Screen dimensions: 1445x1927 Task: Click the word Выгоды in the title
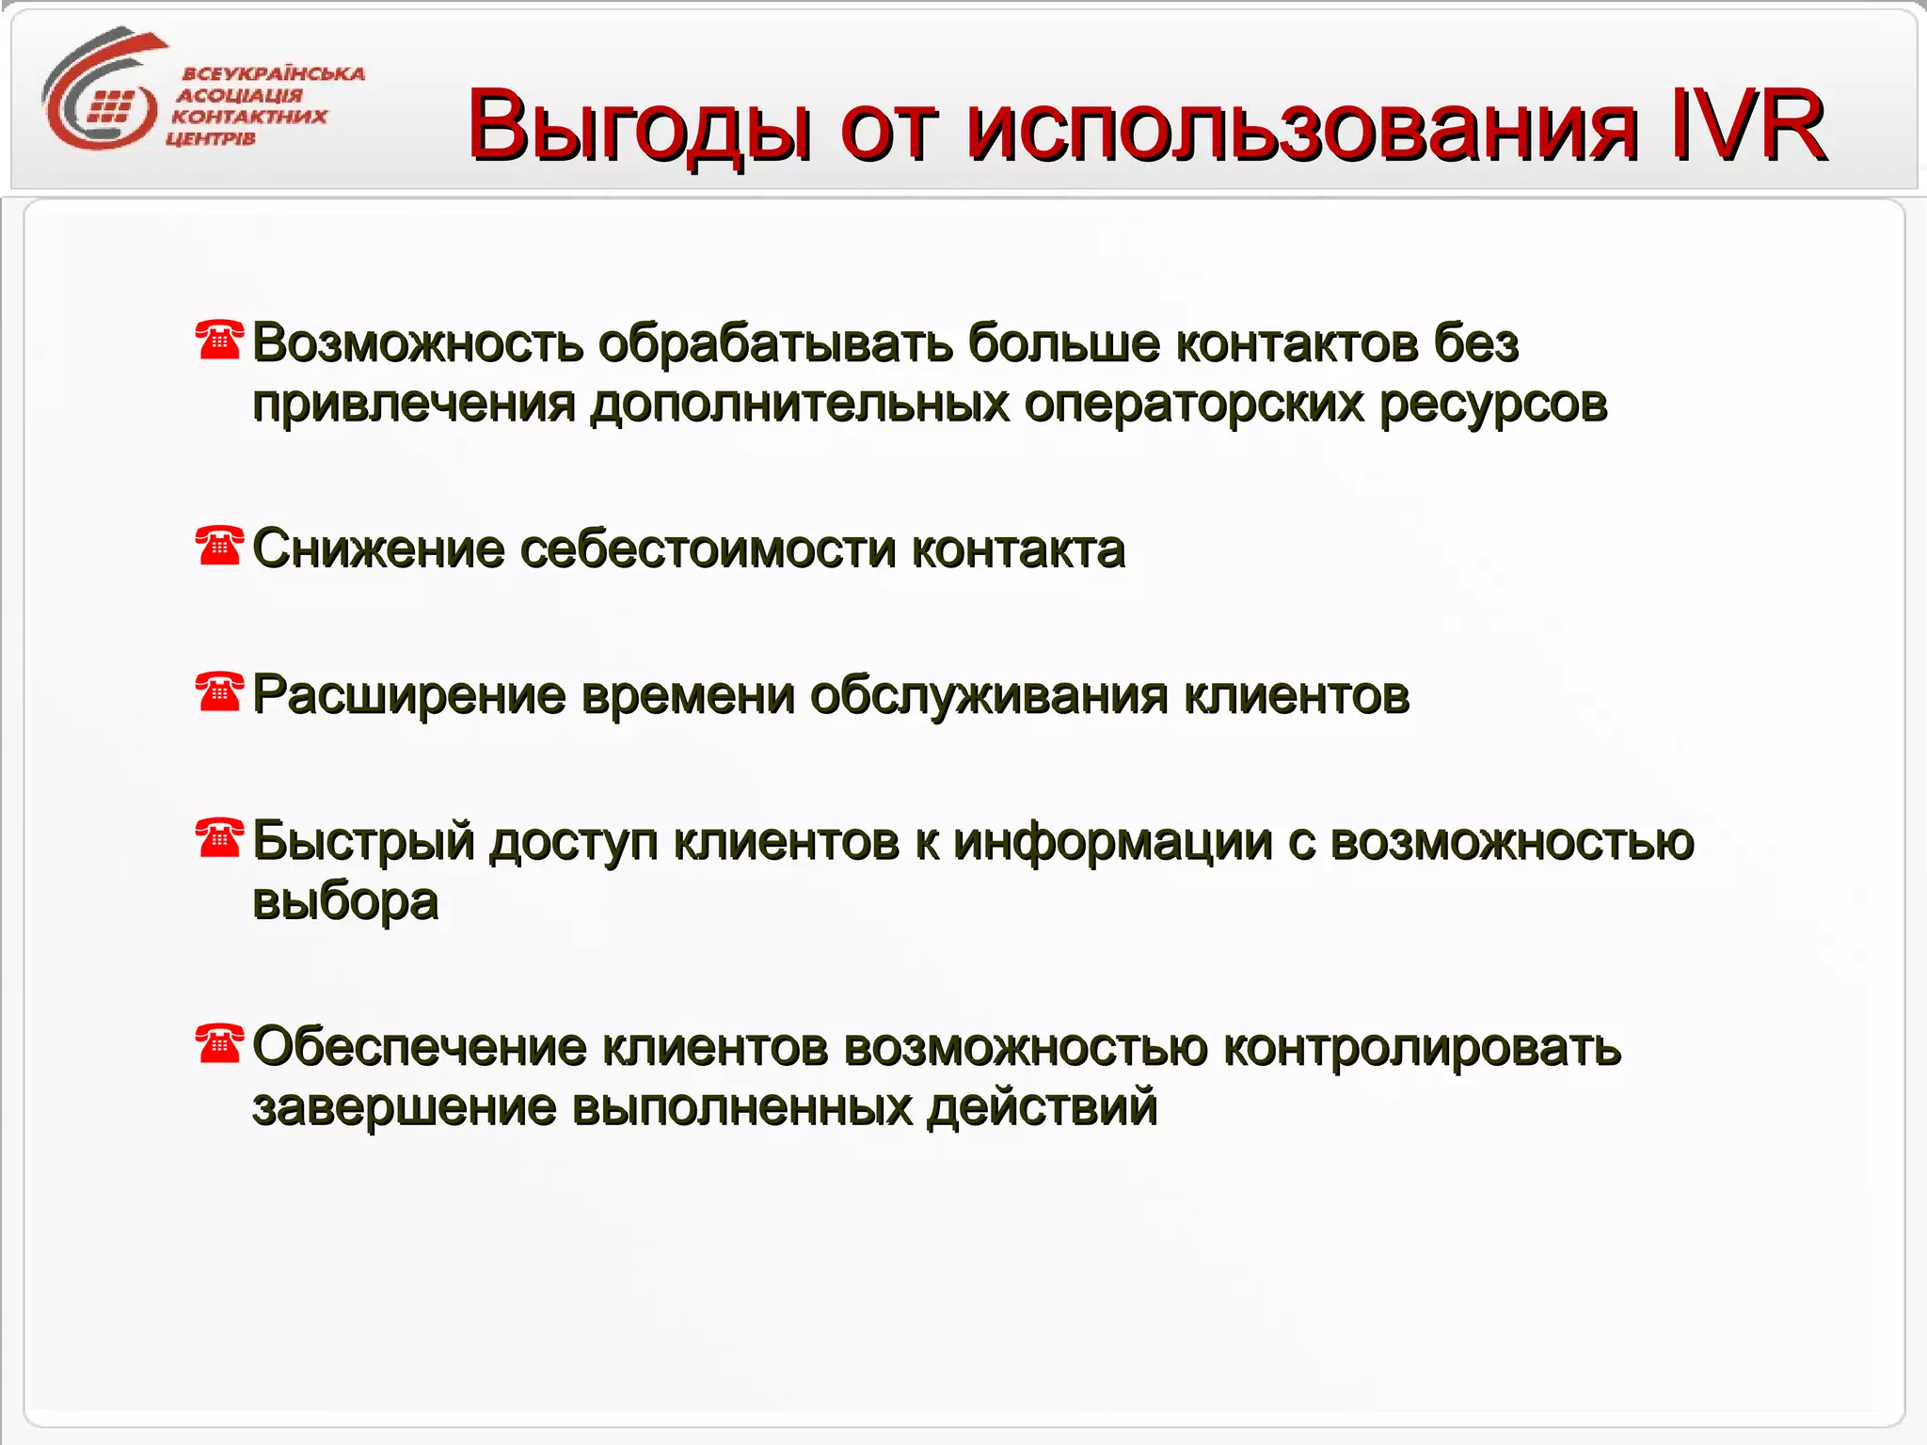pyautogui.click(x=640, y=126)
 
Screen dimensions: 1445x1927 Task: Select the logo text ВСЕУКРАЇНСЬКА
pyautogui.click(x=273, y=73)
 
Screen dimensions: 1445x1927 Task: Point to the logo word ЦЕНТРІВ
pyautogui.click(x=211, y=139)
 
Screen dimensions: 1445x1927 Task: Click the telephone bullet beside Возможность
pyautogui.click(x=219, y=340)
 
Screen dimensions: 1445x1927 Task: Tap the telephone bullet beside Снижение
pyautogui.click(x=219, y=546)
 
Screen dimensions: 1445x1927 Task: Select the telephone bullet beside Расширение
pyautogui.click(x=219, y=691)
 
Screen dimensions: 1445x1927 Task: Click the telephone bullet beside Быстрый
pyautogui.click(x=219, y=837)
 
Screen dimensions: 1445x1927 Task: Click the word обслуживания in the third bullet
pyautogui.click(x=988, y=696)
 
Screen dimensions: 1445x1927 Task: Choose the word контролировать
pyautogui.click(x=1421, y=1047)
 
